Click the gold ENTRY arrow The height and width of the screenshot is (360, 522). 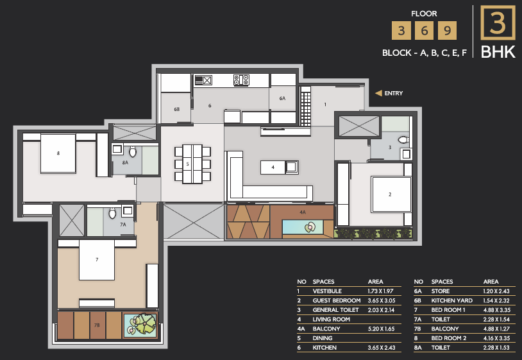pos(378,93)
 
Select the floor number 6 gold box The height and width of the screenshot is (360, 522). pos(424,31)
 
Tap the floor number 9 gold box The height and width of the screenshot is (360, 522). pos(447,31)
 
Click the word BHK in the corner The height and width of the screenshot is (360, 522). pos(498,52)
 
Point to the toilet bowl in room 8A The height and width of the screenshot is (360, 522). pos(133,151)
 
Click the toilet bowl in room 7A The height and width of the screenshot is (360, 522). pos(112,213)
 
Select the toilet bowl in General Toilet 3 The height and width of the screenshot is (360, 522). pos(403,139)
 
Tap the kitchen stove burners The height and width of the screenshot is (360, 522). pos(241,80)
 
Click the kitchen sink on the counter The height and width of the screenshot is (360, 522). pos(203,80)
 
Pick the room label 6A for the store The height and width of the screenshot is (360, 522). pos(282,98)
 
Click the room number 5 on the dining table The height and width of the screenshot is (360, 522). pos(188,164)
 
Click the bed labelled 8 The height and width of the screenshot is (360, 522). pos(58,153)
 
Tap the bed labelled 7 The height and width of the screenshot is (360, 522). pos(97,260)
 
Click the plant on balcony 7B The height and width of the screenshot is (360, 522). pos(143,324)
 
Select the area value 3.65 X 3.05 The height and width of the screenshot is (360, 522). pos(382,300)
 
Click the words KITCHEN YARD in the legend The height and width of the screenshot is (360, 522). pos(451,300)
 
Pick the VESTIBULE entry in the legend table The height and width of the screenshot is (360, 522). pos(327,291)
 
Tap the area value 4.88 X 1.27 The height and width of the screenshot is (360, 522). pos(496,329)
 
